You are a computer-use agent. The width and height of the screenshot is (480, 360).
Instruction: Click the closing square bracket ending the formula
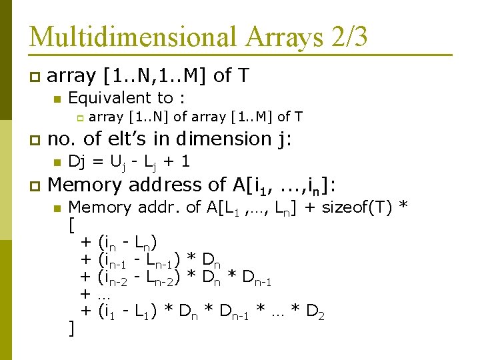click(x=71, y=328)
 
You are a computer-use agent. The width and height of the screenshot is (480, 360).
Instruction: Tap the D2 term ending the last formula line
click(x=315, y=311)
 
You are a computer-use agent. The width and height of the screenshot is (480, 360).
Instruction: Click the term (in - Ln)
click(x=128, y=241)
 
